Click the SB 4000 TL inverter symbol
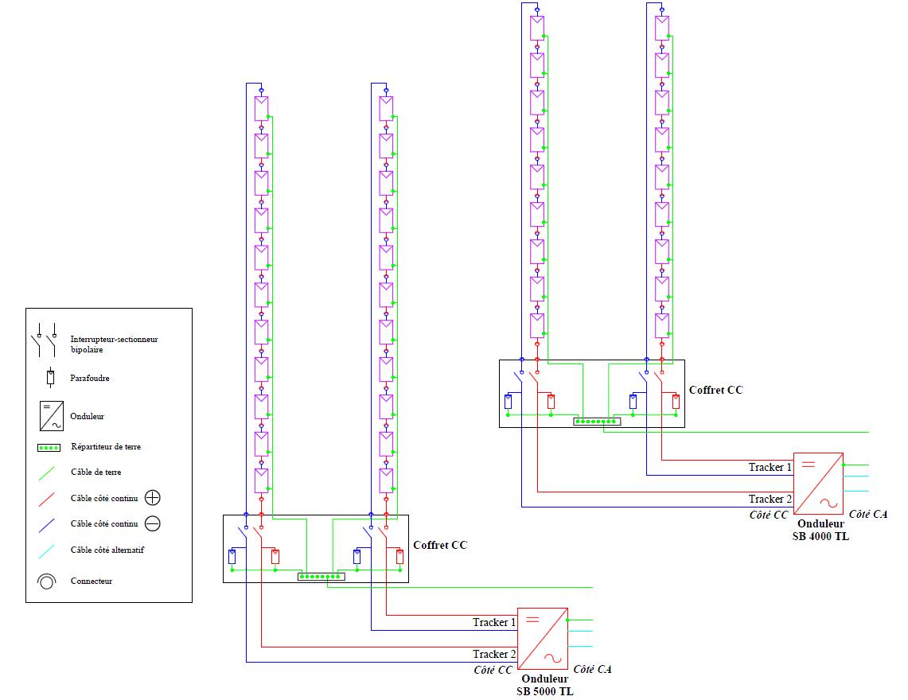819,482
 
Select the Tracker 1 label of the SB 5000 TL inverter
494,622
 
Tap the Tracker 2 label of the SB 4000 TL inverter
770,499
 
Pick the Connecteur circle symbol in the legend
47,581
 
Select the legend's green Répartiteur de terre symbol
49,448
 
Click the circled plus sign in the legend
153,498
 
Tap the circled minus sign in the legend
153,523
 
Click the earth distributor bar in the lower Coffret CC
321,576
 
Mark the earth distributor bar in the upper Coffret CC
597,421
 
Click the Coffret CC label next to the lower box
440,545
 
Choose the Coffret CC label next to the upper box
715,390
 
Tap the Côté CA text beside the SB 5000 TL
592,670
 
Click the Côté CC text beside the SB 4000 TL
769,515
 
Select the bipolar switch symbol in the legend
45,341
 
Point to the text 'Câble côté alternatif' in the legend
107,550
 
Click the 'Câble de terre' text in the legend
96,472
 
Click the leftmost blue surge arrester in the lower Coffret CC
232,556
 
